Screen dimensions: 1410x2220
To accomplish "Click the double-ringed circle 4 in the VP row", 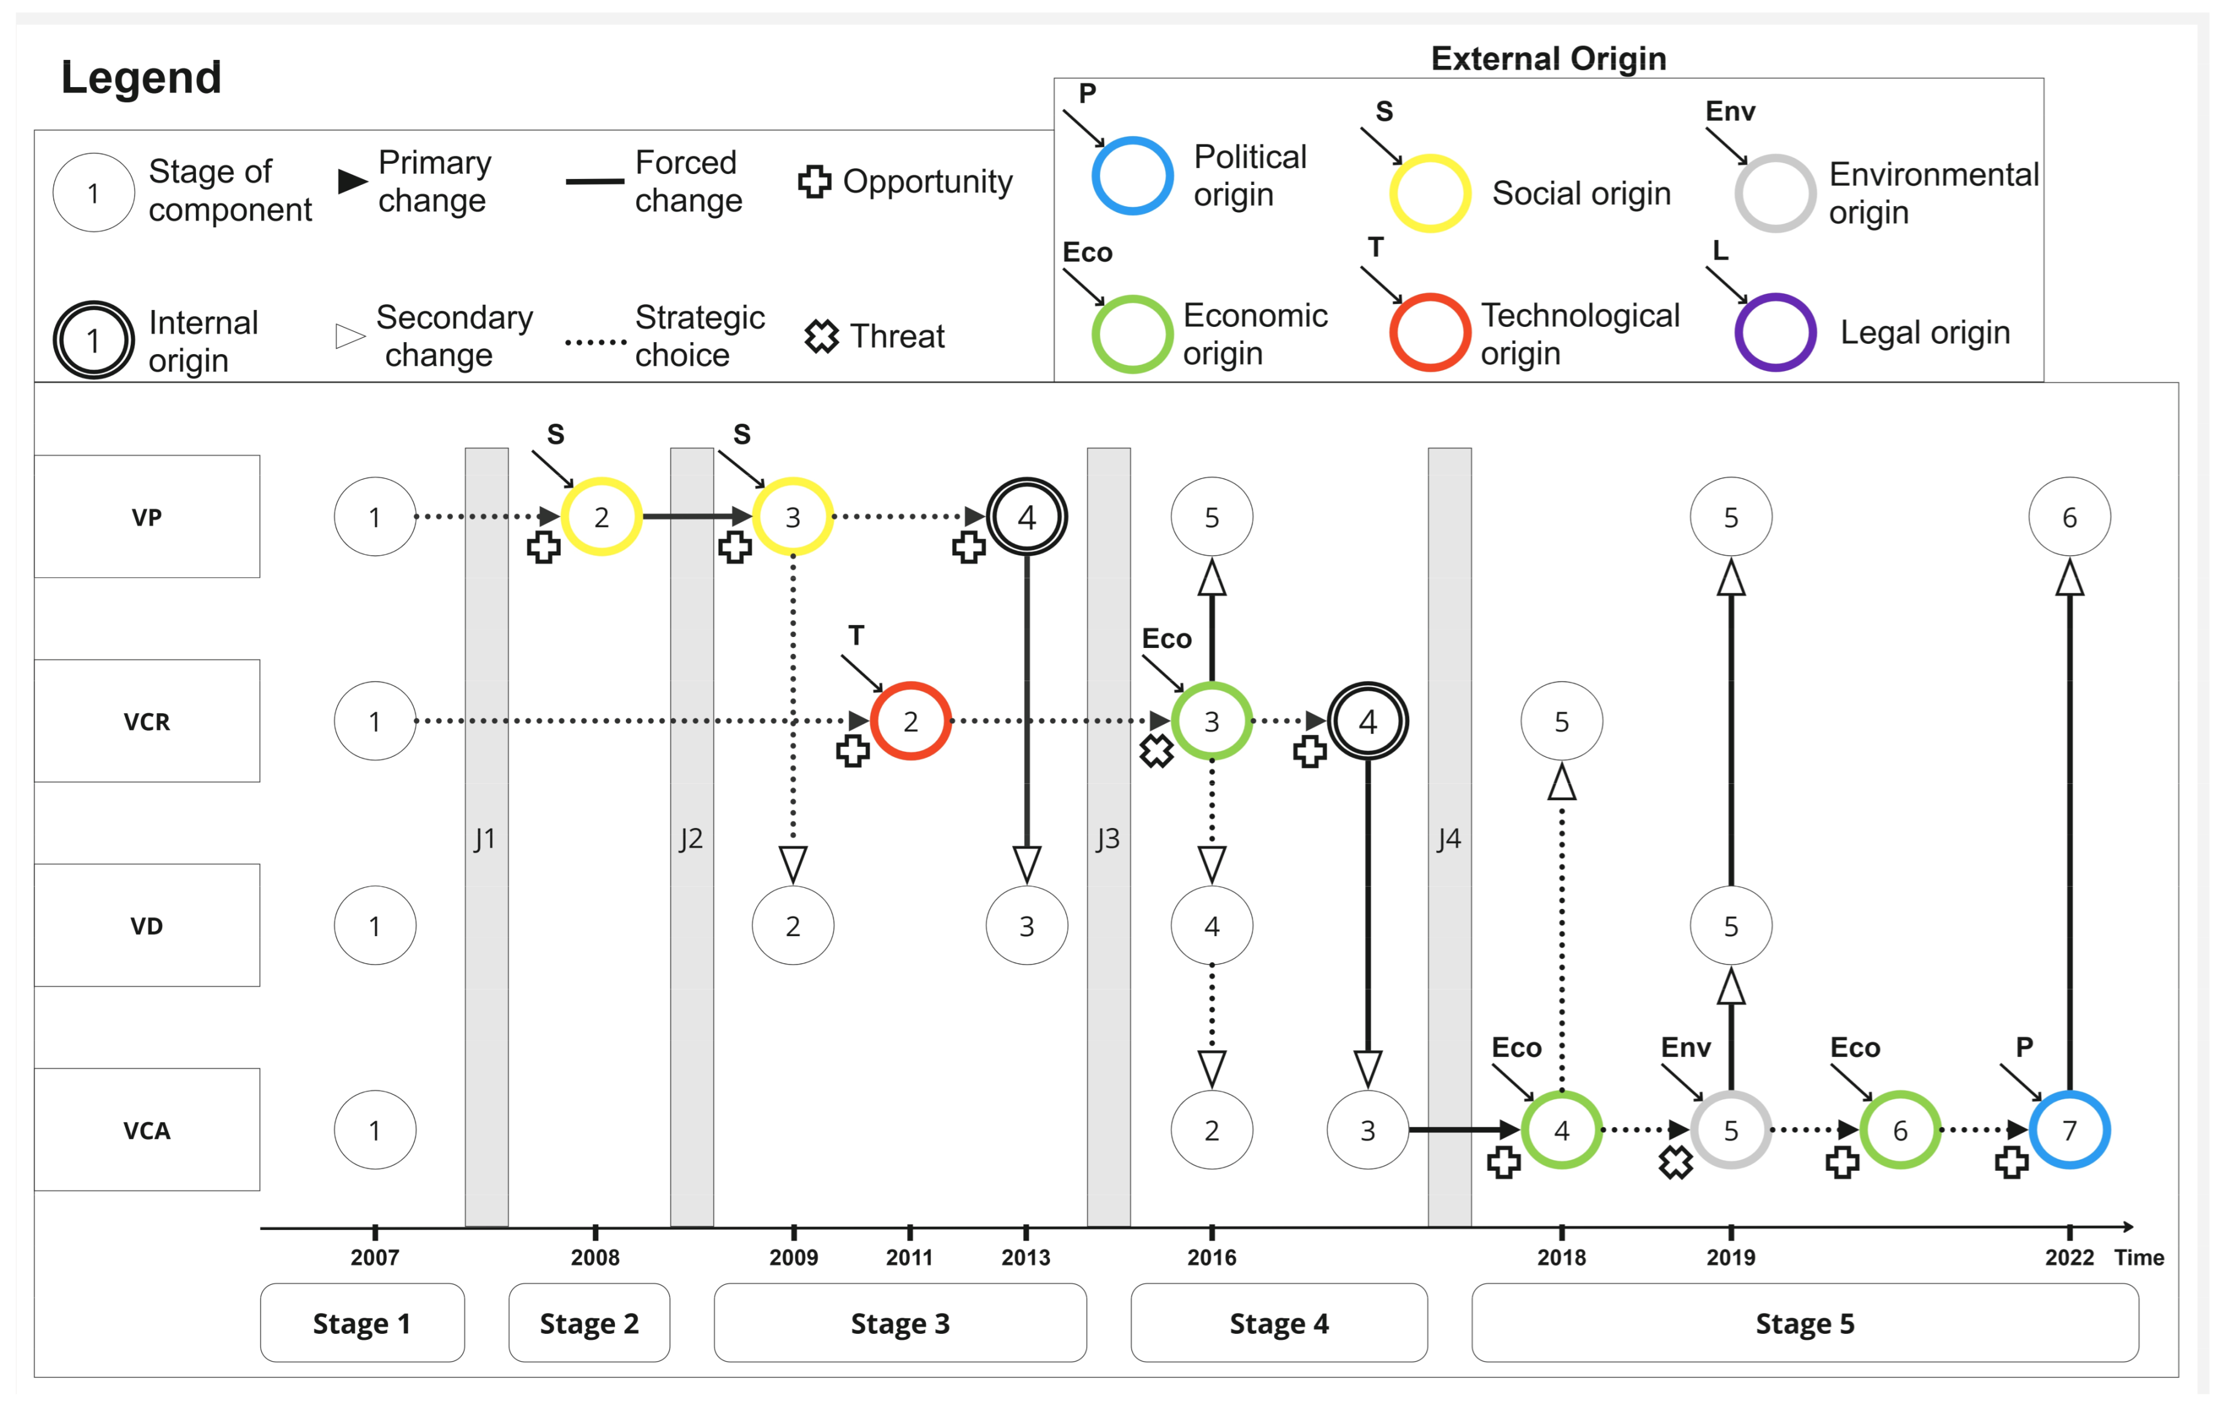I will [1026, 517].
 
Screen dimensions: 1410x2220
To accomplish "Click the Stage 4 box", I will [1278, 1324].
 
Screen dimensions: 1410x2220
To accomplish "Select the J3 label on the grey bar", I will [1107, 839].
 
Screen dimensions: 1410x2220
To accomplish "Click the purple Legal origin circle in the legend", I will [1775, 332].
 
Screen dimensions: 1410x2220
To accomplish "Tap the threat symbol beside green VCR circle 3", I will [1156, 751].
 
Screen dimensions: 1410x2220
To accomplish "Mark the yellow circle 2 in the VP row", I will [601, 517].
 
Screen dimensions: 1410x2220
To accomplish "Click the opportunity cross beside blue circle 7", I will [2011, 1162].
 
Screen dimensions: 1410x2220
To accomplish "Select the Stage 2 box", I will [589, 1324].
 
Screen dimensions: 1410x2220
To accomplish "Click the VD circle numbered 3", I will [1026, 925].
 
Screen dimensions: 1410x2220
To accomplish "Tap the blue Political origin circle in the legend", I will [1132, 175].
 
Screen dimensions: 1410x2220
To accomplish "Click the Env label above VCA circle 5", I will [1685, 1048].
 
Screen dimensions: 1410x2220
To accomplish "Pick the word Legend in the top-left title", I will [141, 77].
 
